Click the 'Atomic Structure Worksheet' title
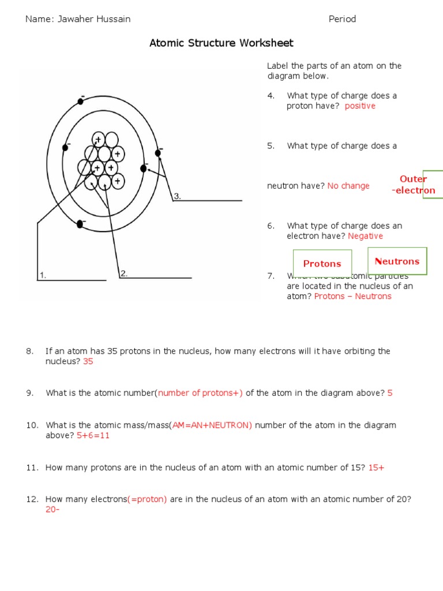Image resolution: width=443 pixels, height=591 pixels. [221, 43]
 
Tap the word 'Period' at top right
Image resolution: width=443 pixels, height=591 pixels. [342, 19]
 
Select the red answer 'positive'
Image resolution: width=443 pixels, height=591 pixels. [360, 106]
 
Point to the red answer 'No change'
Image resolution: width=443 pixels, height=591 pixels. [348, 186]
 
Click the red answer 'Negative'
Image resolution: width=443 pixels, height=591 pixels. [365, 236]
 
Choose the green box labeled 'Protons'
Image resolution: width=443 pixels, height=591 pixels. [322, 264]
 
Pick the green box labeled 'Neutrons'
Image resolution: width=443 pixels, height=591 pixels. [397, 261]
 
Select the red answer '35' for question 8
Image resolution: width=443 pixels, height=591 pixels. [88, 362]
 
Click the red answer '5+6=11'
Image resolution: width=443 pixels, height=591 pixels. [93, 436]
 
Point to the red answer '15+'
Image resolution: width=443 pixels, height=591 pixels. [376, 467]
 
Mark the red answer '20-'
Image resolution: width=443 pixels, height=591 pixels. [52, 510]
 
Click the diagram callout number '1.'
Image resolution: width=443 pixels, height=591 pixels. [42, 275]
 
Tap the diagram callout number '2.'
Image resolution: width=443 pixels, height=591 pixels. [124, 274]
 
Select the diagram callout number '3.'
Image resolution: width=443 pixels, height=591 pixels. [178, 196]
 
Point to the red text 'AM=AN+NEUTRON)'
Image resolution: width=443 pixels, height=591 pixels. [212, 425]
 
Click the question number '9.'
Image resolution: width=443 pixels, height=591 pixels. [31, 393]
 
